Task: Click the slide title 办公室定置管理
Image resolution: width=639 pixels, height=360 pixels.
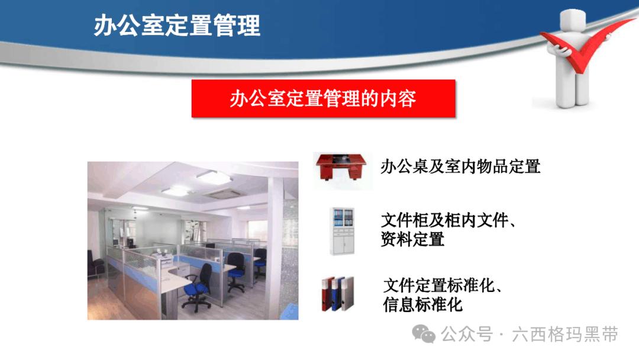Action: coord(177,25)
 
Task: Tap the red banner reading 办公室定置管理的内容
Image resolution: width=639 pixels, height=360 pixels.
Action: coord(323,98)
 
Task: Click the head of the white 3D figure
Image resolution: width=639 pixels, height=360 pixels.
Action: coord(573,20)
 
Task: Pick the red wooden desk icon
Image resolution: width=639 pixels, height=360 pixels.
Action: coord(341,166)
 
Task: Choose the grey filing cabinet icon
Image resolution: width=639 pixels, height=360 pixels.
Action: coord(342,231)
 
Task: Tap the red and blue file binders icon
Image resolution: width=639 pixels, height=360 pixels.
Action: coord(337,294)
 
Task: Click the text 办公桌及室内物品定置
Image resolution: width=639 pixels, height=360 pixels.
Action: coord(460,167)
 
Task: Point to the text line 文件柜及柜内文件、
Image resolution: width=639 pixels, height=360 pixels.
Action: coord(448,220)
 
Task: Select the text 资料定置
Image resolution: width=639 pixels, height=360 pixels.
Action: coord(412,239)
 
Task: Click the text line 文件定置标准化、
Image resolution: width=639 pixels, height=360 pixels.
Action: coord(443,285)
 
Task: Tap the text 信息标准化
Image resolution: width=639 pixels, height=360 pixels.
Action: coord(422,304)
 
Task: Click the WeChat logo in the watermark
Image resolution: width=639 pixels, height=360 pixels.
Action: coord(424,335)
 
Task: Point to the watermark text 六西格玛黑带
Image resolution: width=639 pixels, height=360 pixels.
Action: coord(565,335)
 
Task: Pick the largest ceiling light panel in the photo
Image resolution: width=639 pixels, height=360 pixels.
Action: coord(214,177)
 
